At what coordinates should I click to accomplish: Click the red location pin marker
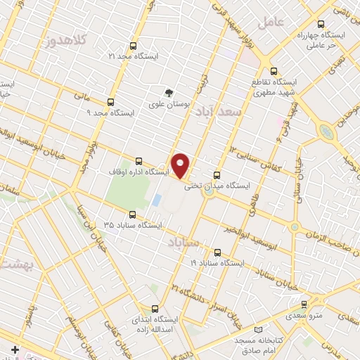pyautogui.click(x=181, y=165)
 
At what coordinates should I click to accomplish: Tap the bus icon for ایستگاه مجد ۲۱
pyautogui.click(x=150, y=44)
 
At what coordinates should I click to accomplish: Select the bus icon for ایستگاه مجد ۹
pyautogui.click(x=110, y=101)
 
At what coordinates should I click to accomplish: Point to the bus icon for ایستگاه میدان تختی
pyautogui.click(x=216, y=175)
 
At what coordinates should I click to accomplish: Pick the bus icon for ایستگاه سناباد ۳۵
pyautogui.click(x=131, y=214)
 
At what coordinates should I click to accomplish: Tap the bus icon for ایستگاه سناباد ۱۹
pyautogui.click(x=216, y=252)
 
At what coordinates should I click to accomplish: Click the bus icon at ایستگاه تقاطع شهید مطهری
pyautogui.click(x=274, y=70)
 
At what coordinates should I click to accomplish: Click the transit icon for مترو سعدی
pyautogui.click(x=304, y=304)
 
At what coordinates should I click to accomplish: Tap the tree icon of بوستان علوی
pyautogui.click(x=168, y=92)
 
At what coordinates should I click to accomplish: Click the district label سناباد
pyautogui.click(x=184, y=243)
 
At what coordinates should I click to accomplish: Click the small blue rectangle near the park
pyautogui.click(x=155, y=200)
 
